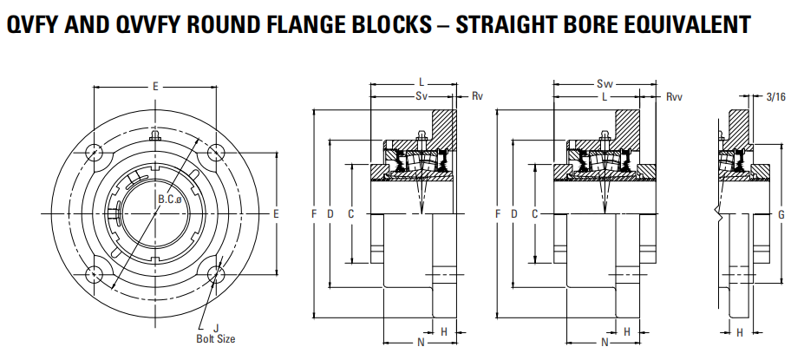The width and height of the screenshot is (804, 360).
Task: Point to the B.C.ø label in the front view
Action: (170, 200)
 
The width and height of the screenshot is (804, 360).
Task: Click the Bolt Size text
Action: (215, 338)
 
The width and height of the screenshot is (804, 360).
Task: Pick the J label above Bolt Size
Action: (215, 327)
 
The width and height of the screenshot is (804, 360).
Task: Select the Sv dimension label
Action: (422, 95)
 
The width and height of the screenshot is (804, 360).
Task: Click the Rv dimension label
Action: (476, 95)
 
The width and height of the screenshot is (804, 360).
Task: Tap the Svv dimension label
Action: (604, 84)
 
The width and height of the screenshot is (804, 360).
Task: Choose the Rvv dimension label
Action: (674, 96)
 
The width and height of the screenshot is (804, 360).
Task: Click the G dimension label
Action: (781, 213)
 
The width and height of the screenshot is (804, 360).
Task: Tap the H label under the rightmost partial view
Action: (739, 332)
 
